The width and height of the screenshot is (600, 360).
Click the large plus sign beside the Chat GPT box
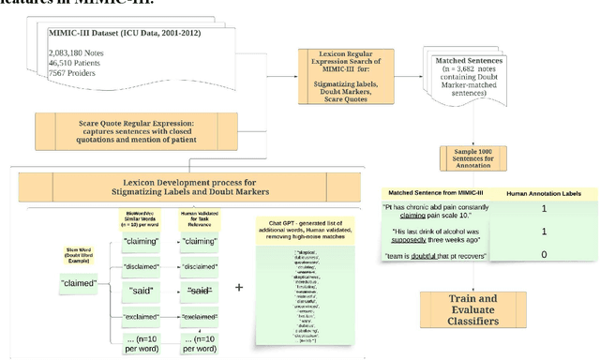coord(239,286)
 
